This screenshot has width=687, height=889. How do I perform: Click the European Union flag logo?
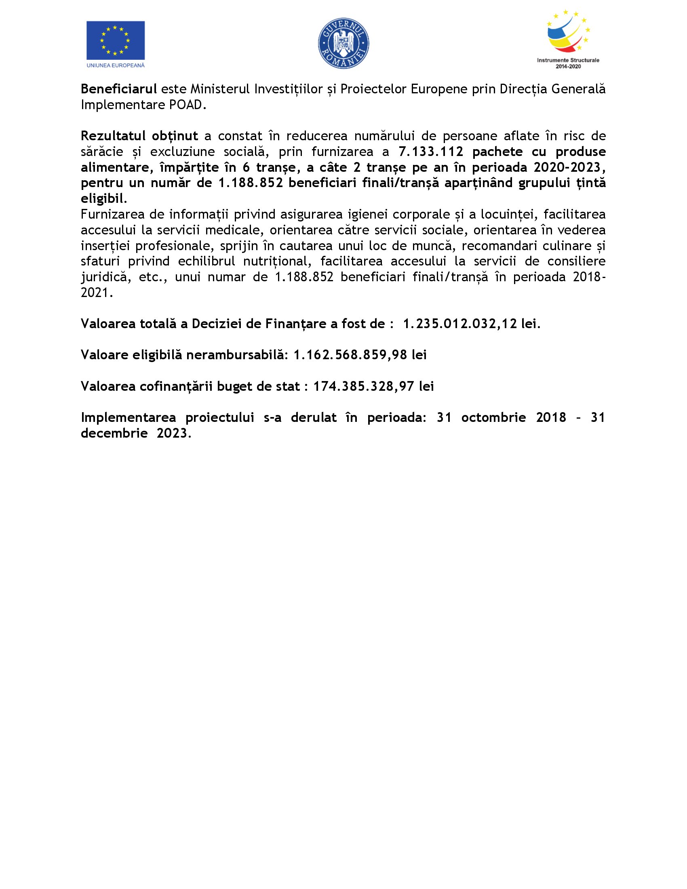tap(116, 40)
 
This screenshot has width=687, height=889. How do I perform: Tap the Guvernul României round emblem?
tap(343, 43)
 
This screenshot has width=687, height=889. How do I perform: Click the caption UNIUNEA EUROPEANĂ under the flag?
tap(116, 65)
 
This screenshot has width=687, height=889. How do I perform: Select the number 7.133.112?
tap(431, 152)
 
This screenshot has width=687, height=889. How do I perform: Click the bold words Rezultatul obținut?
tap(139, 135)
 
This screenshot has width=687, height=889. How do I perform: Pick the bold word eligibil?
tap(102, 199)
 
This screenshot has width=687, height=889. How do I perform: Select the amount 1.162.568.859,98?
tap(350, 355)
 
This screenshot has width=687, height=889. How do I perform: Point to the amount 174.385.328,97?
tap(364, 386)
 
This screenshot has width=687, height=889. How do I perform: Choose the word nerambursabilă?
tap(237, 355)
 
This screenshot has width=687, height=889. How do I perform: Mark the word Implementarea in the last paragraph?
tap(128, 417)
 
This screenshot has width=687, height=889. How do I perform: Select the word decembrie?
tap(114, 433)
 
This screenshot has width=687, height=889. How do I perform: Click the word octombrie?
tap(493, 417)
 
